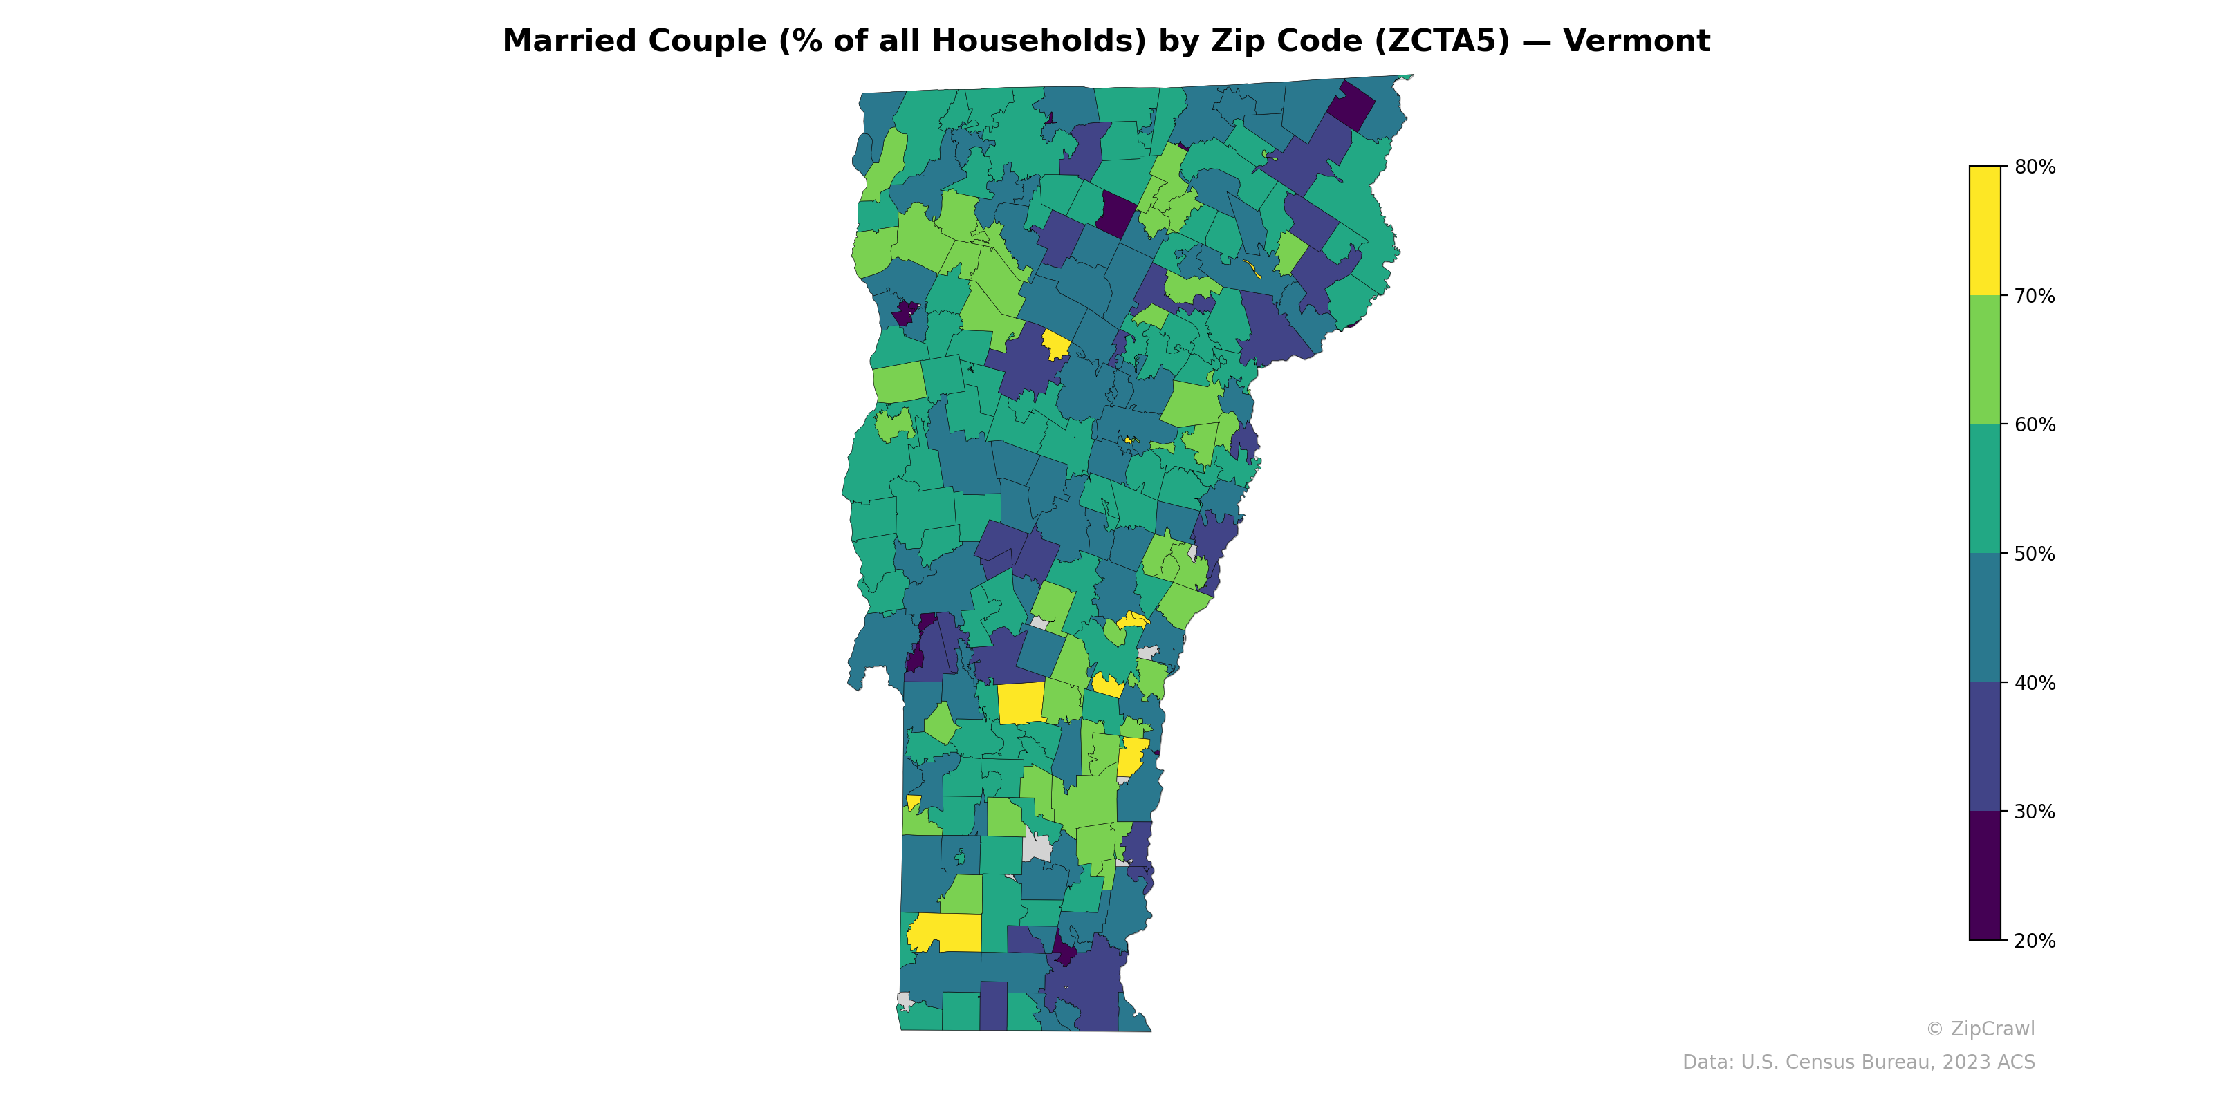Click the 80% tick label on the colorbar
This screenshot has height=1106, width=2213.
click(x=2035, y=167)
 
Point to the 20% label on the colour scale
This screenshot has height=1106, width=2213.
click(x=2035, y=940)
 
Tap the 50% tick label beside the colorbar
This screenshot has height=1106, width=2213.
click(x=2035, y=554)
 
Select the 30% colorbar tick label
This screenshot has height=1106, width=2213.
click(x=2035, y=812)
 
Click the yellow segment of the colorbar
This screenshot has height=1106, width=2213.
click(x=1985, y=230)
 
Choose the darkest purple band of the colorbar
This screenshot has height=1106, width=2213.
click(x=1985, y=876)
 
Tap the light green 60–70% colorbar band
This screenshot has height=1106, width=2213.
click(x=1985, y=359)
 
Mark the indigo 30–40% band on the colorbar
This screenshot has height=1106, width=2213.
click(x=1985, y=747)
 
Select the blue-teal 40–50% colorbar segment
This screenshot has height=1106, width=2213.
click(x=1985, y=618)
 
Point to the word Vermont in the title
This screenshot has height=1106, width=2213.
click(x=1636, y=41)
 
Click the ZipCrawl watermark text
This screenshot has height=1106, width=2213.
click(x=1992, y=1029)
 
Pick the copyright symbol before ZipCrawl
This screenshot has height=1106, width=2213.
click(x=1934, y=1029)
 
